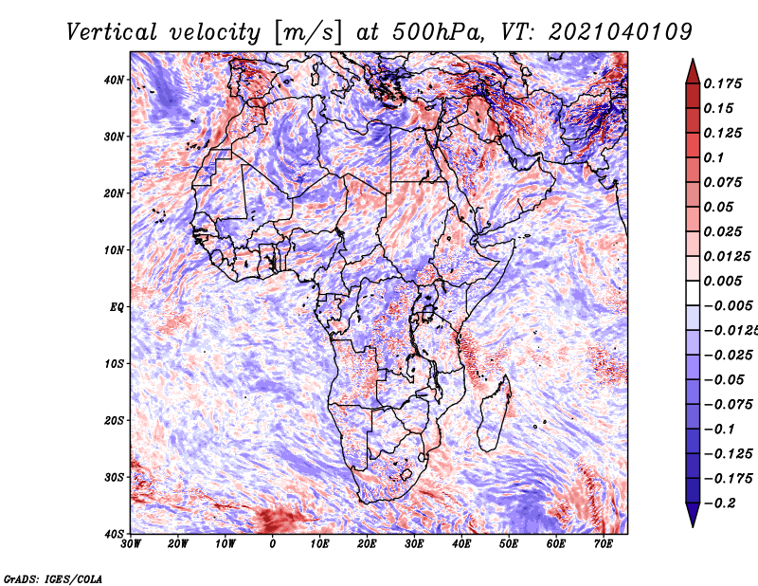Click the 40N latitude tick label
point(114,80)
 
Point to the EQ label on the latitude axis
point(117,307)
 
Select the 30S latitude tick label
point(114,478)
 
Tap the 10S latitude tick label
point(114,364)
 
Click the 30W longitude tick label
point(131,544)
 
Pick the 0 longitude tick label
point(273,544)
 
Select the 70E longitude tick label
point(604,544)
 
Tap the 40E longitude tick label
point(461,544)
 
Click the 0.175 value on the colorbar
point(723,83)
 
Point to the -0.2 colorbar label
point(719,504)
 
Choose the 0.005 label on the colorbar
point(723,281)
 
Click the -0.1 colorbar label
point(719,430)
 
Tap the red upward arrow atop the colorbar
point(693,72)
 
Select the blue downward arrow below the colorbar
point(693,514)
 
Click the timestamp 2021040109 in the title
point(621,33)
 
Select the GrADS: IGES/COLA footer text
point(53,578)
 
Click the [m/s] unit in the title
point(308,33)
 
